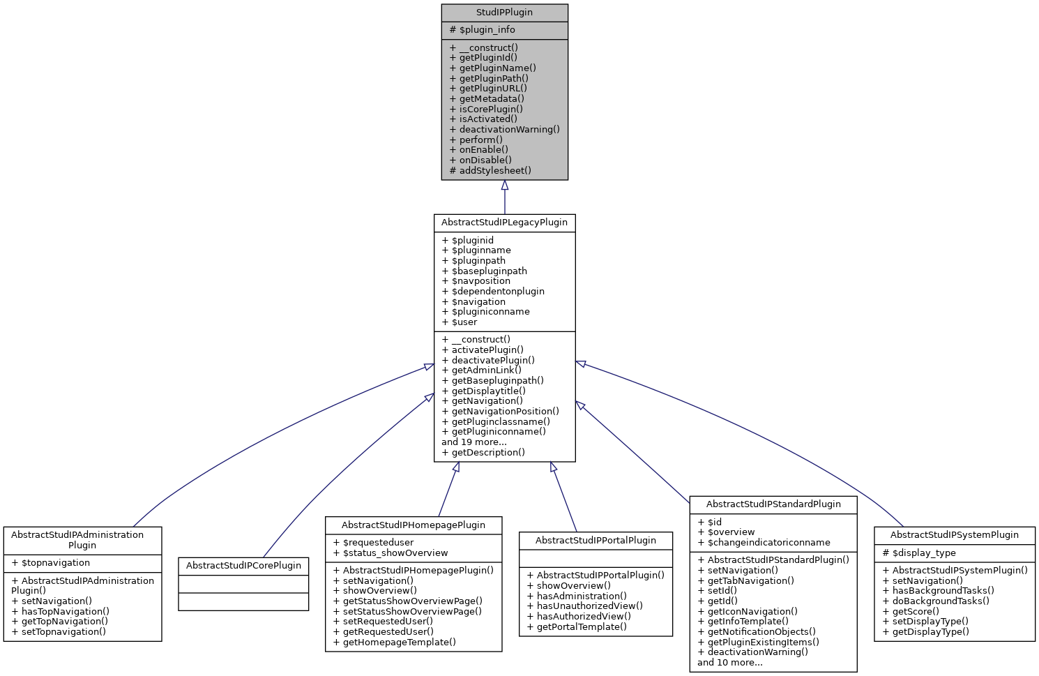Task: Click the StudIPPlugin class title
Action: click(x=504, y=13)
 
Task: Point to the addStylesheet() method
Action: click(x=494, y=170)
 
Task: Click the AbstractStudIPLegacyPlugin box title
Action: click(x=504, y=223)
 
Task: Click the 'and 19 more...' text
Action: click(x=474, y=442)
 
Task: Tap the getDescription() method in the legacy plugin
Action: click(x=487, y=452)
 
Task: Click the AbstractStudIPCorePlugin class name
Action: click(x=243, y=566)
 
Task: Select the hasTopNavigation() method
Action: click(x=65, y=611)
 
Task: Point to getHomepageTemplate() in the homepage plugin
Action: click(x=399, y=642)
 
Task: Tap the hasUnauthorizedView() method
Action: click(x=589, y=606)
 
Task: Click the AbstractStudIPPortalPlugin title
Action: click(x=596, y=541)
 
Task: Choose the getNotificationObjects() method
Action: click(x=761, y=631)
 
